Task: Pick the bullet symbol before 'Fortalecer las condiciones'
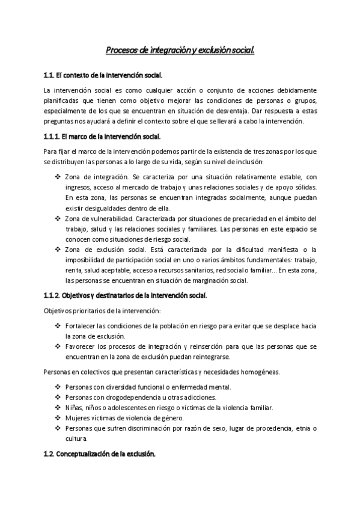coord(58,325)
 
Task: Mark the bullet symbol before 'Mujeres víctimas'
coord(58,417)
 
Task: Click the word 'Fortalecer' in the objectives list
coord(81,325)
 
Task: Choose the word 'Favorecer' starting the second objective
coord(81,346)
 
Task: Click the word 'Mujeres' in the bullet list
coord(78,417)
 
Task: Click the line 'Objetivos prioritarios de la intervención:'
coord(102,310)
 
